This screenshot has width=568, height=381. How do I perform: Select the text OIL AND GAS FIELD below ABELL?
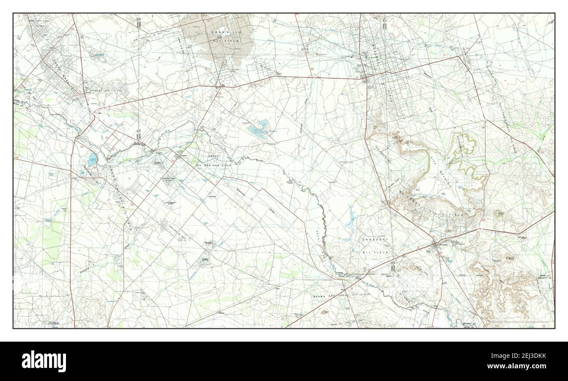coord(214,165)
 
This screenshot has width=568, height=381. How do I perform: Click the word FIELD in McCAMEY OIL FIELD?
coord(457,215)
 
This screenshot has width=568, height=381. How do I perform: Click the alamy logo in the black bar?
coord(44,361)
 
